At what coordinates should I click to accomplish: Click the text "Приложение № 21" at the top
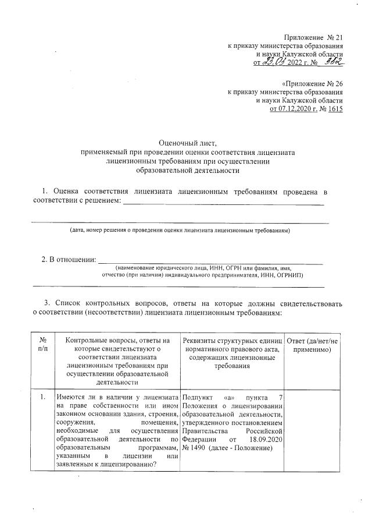pos(313,37)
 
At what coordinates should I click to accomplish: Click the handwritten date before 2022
pos(274,62)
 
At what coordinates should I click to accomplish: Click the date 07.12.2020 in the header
pos(296,108)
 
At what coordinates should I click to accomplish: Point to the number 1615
pos(335,108)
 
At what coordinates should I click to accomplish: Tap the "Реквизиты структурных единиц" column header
pos(233,340)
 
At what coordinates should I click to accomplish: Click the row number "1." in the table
pos(42,397)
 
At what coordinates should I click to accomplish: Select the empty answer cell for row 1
pos(313,431)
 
